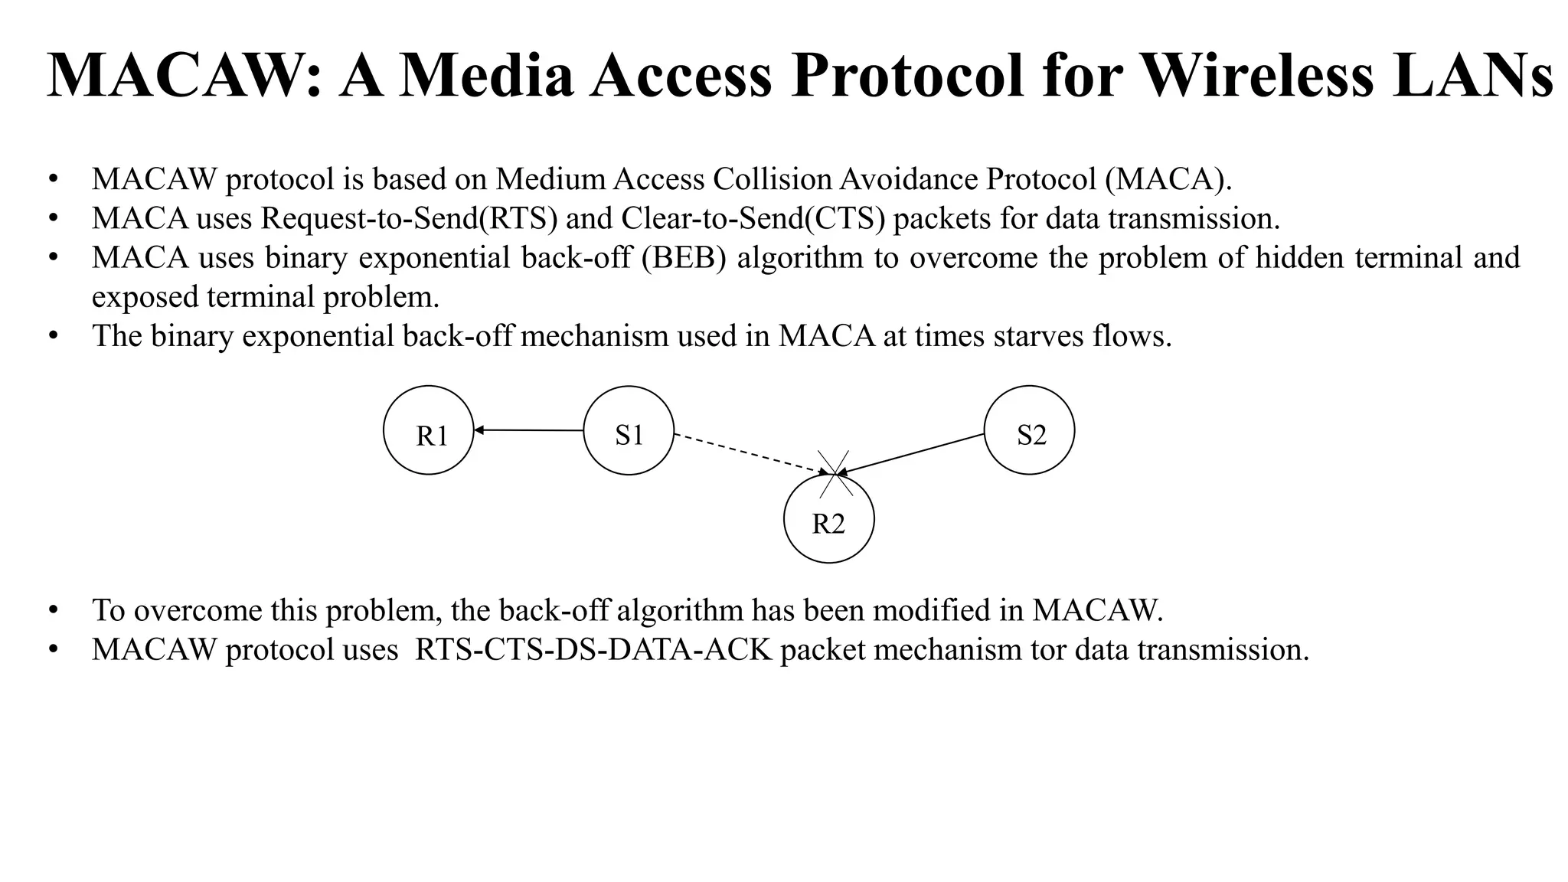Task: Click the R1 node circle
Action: (x=429, y=430)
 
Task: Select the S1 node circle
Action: (x=629, y=430)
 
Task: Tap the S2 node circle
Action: (x=1029, y=430)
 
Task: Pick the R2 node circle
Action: (x=829, y=519)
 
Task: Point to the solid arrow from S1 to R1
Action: (x=528, y=430)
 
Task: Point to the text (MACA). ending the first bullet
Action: (x=1168, y=179)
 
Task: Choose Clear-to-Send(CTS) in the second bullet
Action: (x=753, y=218)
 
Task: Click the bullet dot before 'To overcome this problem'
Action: (x=53, y=610)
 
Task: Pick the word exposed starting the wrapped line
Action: (x=145, y=297)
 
